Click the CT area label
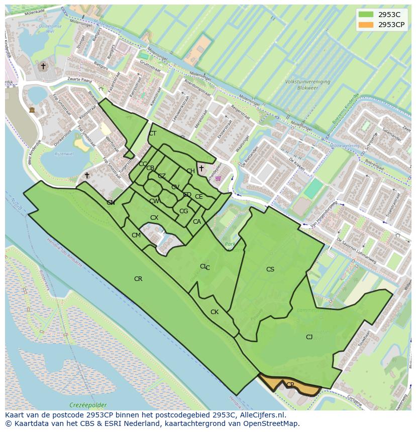click(x=152, y=133)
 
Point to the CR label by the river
click(x=138, y=279)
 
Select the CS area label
click(x=270, y=269)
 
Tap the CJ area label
click(x=309, y=337)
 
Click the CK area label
click(x=215, y=312)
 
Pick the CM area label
click(x=136, y=235)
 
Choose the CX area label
click(x=154, y=218)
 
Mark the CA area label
click(x=197, y=222)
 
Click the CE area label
click(x=199, y=197)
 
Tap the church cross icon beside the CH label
click(x=201, y=168)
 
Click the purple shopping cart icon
click(x=218, y=178)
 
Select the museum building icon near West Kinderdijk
click(x=32, y=110)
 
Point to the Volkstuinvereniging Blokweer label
click(x=307, y=84)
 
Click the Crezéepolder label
click(x=88, y=405)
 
